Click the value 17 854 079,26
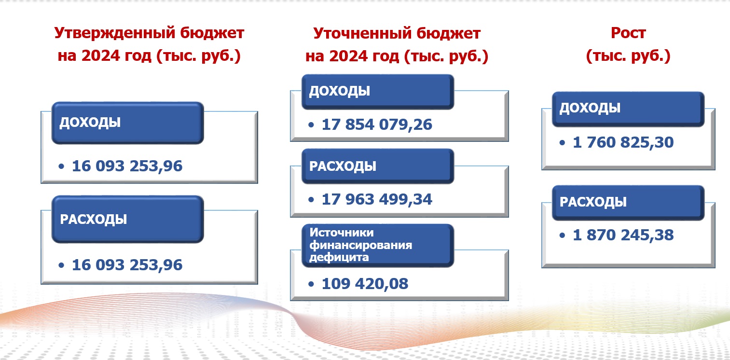[x=377, y=125]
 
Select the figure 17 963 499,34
[x=377, y=199]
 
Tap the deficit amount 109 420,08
[x=365, y=284]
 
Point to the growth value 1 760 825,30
[x=623, y=142]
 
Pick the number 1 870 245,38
[x=623, y=235]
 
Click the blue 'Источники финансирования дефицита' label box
[x=378, y=246]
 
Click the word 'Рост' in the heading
[x=628, y=33]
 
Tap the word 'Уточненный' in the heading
[x=362, y=33]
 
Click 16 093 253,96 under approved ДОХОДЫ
[x=127, y=166]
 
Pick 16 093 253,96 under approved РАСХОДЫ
[x=127, y=265]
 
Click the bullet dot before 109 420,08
[x=311, y=284]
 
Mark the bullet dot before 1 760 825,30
[x=562, y=142]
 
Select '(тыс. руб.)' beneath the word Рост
[x=628, y=56]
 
